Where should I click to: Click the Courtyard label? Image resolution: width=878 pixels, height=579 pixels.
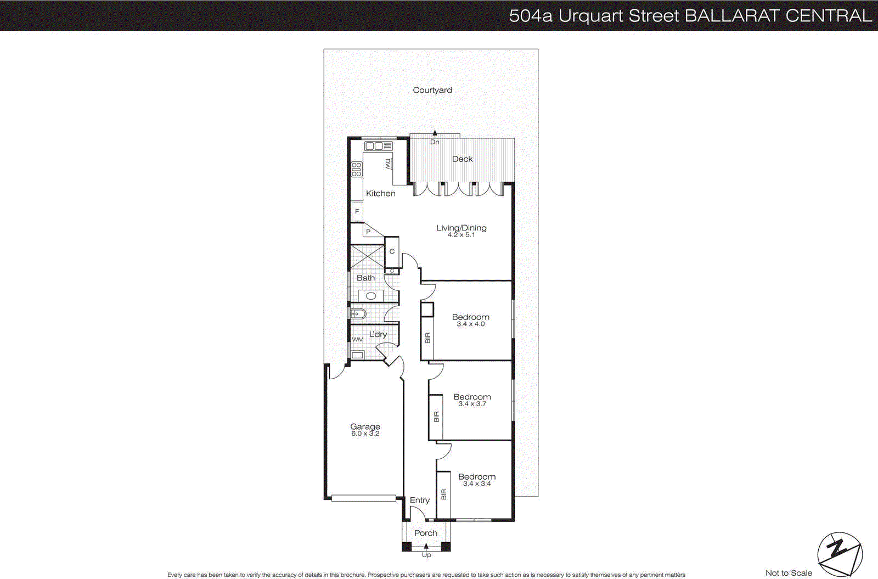tap(432, 90)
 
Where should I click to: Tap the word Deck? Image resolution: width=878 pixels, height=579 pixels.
tap(462, 159)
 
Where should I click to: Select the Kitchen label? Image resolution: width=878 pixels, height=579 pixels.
tap(380, 193)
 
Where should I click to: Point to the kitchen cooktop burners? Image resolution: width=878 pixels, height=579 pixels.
tap(357, 169)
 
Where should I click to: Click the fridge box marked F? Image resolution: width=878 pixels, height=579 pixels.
tap(357, 211)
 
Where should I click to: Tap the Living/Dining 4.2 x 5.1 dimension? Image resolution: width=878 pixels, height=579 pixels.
tap(461, 235)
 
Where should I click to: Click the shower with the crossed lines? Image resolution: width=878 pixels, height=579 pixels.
tap(367, 256)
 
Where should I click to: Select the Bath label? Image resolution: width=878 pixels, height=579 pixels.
tap(365, 278)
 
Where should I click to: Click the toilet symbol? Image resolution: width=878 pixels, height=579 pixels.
tap(358, 314)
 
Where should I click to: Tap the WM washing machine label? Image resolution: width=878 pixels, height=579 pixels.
tap(358, 340)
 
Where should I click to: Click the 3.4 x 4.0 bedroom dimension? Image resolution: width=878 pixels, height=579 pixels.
tap(470, 324)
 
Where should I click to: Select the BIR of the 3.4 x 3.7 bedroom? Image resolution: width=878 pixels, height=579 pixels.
tap(436, 417)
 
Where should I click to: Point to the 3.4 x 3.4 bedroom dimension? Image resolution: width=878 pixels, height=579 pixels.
tap(476, 484)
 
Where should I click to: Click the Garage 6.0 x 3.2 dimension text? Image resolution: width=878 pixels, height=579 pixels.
tap(365, 434)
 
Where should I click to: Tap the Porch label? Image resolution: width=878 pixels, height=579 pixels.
tap(426, 533)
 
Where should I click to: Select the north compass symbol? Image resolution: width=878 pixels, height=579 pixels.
tap(840, 552)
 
